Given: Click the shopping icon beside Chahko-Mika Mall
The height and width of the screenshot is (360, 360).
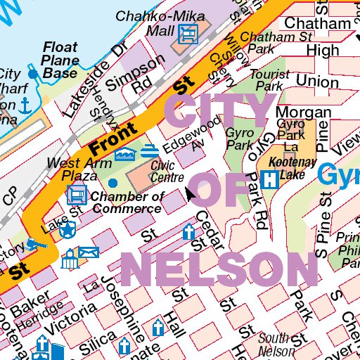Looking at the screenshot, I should tap(188, 33).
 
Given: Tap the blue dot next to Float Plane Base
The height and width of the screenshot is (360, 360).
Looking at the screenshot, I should tap(32, 73).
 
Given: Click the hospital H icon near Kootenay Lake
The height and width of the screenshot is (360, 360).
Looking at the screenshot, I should tap(268, 179).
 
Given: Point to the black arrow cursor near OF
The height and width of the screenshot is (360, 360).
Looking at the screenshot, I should tap(189, 193).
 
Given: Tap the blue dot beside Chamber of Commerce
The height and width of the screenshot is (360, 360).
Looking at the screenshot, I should tap(112, 184).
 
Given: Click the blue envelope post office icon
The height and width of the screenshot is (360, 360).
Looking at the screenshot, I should tap(89, 252).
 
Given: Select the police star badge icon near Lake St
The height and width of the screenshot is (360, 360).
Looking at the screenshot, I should tap(68, 229).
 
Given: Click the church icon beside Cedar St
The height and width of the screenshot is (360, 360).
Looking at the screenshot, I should tap(188, 231).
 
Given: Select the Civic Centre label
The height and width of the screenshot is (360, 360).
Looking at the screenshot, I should tap(167, 171).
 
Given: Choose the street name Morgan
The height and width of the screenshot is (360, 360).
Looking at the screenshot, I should tap(303, 112).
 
